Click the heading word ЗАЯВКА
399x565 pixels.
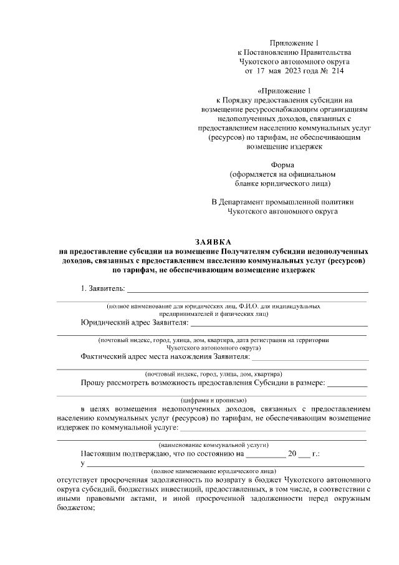pyautogui.click(x=213, y=242)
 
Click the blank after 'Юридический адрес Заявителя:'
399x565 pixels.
pyautogui.click(x=279, y=325)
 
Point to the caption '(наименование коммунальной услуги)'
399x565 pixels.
pyautogui.click(x=213, y=445)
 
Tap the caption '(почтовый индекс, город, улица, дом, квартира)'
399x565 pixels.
pyautogui.click(x=213, y=373)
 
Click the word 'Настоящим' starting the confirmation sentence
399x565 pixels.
pyautogui.click(x=102, y=454)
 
